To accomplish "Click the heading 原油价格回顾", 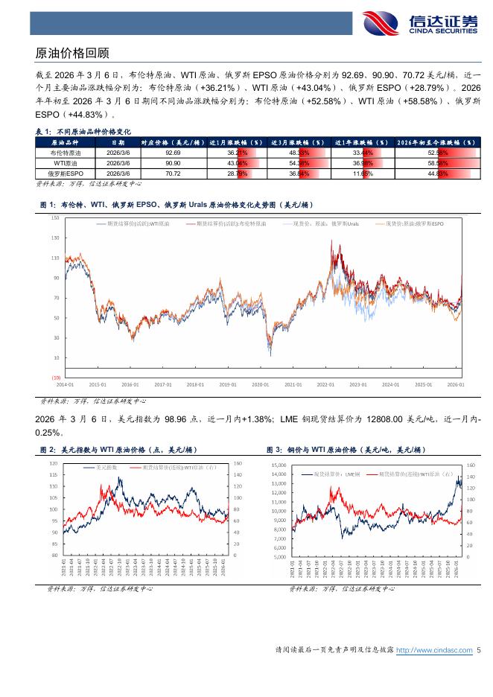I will point(72,53).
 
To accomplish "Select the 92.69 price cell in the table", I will point(173,152).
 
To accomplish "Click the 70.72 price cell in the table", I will point(173,173).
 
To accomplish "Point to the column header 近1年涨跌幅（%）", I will point(361,141).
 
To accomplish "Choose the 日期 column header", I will point(118,141).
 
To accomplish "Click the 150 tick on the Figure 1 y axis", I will point(55,218).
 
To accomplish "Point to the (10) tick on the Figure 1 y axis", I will point(55,378).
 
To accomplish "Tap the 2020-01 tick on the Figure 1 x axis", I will point(260,385).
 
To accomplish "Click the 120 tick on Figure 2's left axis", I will point(53,463).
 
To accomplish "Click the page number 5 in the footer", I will point(480,650).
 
